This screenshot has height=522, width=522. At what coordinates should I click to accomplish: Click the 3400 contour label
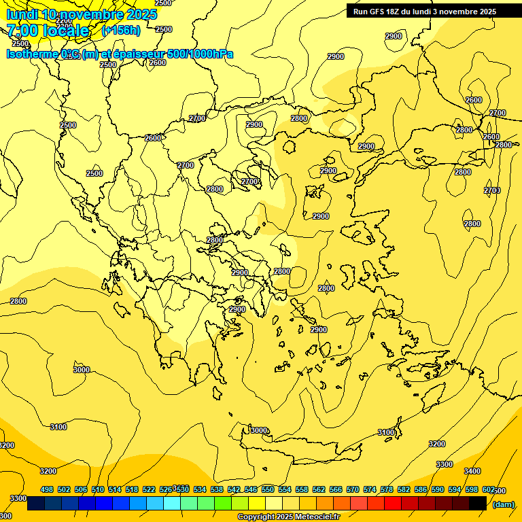tap(472, 471)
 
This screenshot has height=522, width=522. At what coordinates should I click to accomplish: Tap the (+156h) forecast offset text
tap(121, 30)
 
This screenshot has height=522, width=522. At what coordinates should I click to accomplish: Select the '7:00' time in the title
tap(23, 31)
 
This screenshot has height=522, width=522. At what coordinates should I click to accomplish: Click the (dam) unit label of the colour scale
tap(503, 504)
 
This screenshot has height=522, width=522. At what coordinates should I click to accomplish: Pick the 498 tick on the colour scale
tap(47, 489)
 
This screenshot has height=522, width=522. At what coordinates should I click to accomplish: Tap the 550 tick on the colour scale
tap(268, 489)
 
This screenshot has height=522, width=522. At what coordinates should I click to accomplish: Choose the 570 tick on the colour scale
tap(353, 489)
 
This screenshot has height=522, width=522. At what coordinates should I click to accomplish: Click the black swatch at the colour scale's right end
tap(478, 504)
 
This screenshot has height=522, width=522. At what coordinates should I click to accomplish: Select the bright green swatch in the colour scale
tap(223, 504)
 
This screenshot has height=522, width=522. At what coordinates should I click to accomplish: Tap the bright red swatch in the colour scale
tap(393, 504)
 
